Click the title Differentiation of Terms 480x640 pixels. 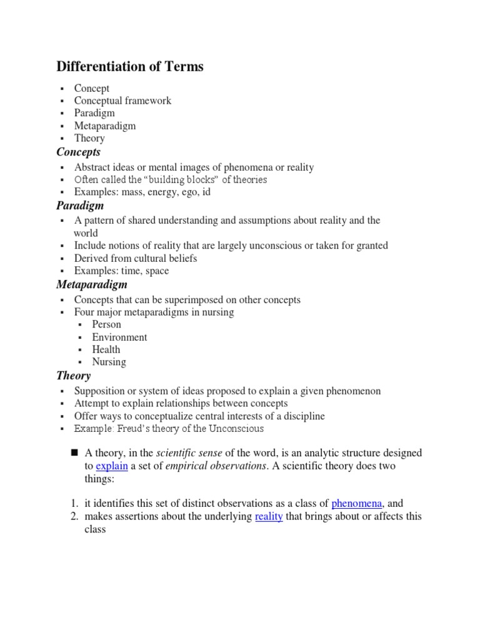click(x=130, y=67)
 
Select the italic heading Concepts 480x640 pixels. click(x=78, y=152)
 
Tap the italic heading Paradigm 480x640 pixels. click(x=80, y=206)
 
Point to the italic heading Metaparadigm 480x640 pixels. click(x=91, y=284)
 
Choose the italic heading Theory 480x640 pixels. click(x=73, y=376)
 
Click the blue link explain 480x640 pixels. click(x=112, y=466)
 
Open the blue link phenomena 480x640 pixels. click(x=356, y=504)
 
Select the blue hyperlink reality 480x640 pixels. click(x=269, y=516)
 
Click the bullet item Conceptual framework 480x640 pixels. click(x=122, y=101)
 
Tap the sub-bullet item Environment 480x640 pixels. click(x=119, y=337)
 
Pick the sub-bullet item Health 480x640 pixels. click(x=106, y=349)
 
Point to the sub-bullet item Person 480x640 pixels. click(x=106, y=324)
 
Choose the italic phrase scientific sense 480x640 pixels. click(x=189, y=453)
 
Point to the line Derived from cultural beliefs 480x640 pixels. click(x=136, y=258)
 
